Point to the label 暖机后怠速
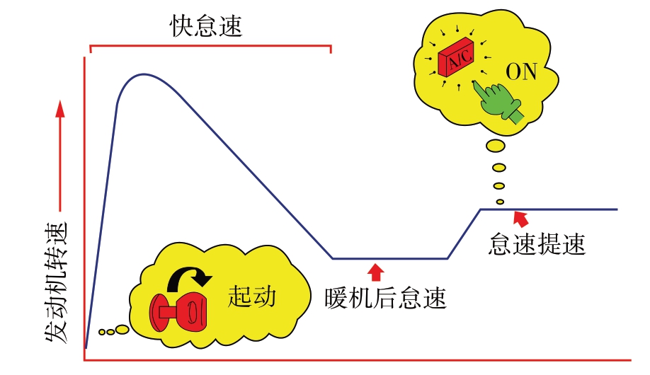point(386,297)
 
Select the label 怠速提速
point(538,244)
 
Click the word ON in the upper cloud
point(522,72)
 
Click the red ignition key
point(177,310)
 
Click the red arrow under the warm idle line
point(376,270)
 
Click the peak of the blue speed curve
point(144,74)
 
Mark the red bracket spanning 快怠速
point(210,47)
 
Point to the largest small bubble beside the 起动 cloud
point(121,329)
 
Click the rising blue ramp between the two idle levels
point(464,234)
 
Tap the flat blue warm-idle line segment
point(389,258)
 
